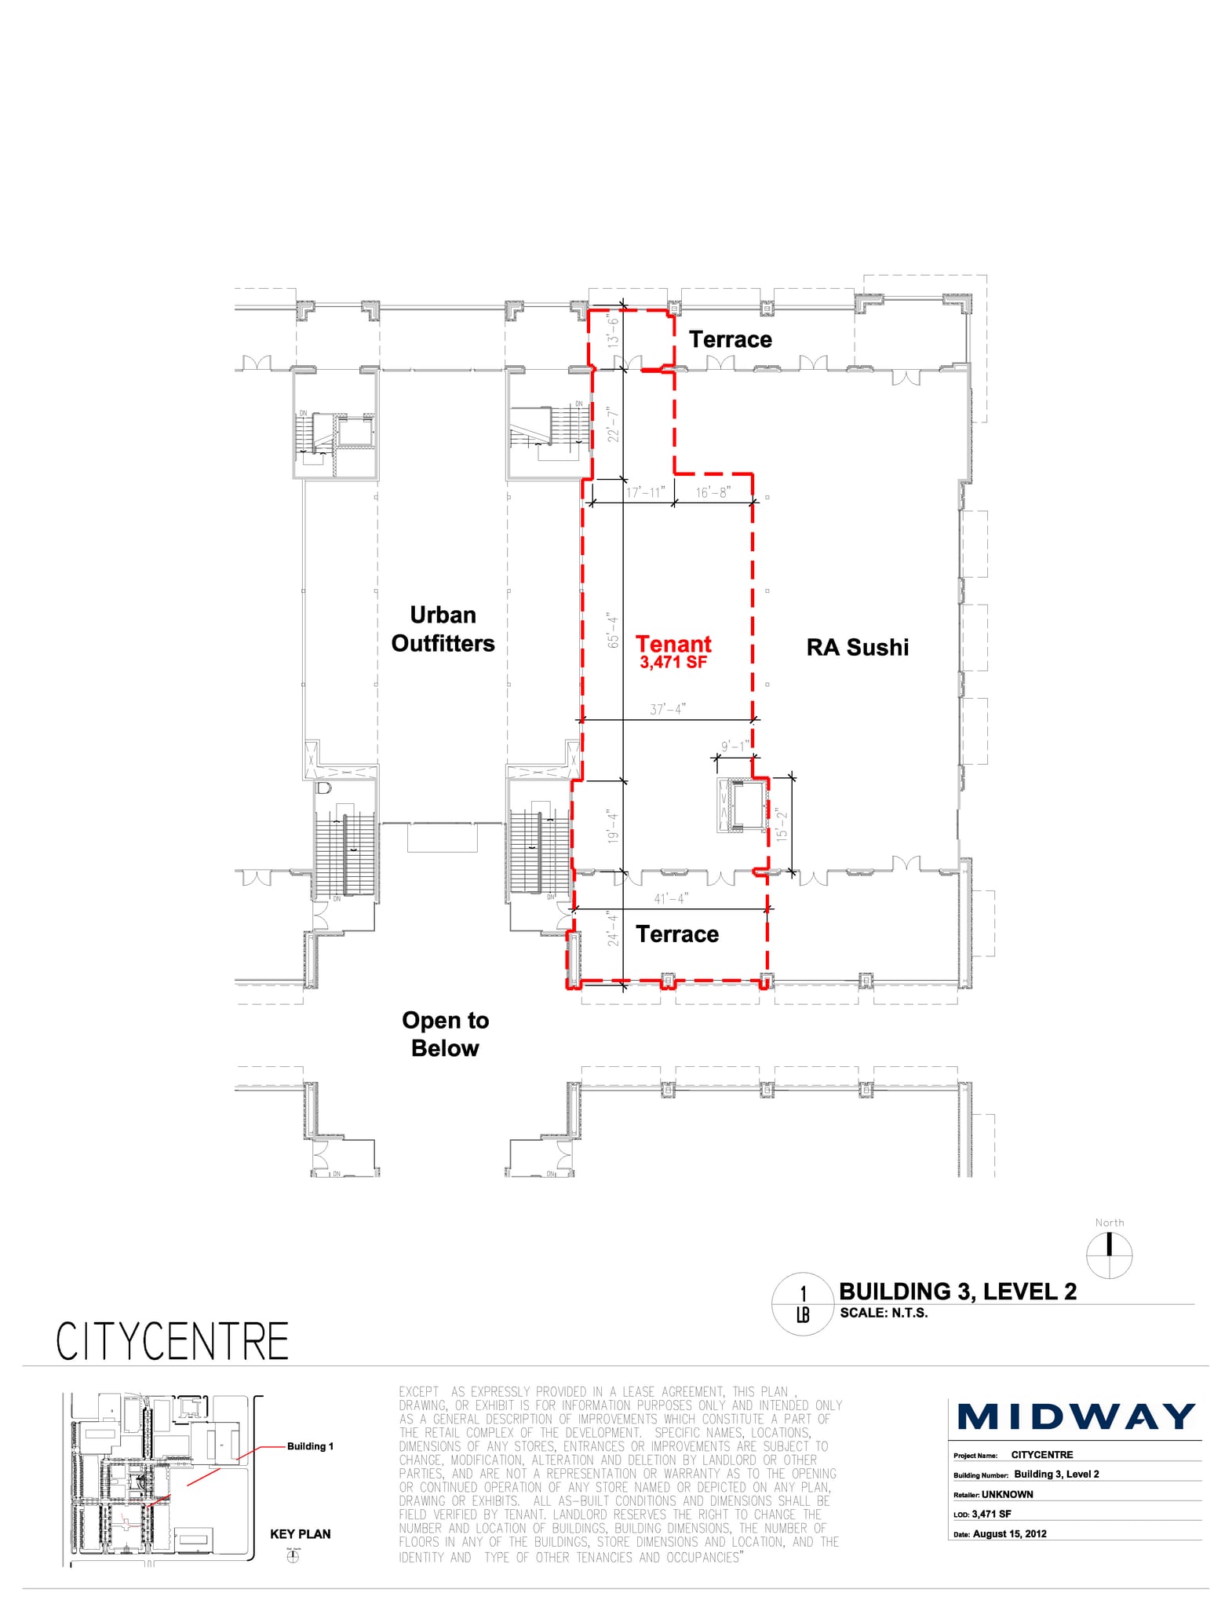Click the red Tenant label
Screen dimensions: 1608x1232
[673, 644]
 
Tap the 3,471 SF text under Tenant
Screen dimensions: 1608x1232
[673, 662]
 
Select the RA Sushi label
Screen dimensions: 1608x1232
[858, 647]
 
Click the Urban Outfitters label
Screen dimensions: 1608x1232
[443, 629]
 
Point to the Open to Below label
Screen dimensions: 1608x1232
[445, 1034]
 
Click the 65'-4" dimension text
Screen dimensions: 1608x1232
[614, 630]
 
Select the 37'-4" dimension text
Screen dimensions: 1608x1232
[668, 709]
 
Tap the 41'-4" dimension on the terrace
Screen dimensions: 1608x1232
[671, 898]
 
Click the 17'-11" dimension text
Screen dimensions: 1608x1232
[644, 492]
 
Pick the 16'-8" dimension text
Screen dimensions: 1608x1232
[713, 492]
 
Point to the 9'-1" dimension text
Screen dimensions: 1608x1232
[735, 746]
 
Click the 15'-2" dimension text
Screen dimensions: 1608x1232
[781, 825]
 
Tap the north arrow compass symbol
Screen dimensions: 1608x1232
[1109, 1255]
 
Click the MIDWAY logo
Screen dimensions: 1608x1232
[1076, 1417]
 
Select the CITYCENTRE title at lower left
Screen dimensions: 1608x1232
[173, 1342]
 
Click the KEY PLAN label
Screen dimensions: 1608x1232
[300, 1533]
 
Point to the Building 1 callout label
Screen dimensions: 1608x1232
[310, 1446]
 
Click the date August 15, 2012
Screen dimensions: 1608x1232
[1009, 1533]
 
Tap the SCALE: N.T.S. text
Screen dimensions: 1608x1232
[884, 1313]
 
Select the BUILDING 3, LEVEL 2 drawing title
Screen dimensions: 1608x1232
[957, 1292]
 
